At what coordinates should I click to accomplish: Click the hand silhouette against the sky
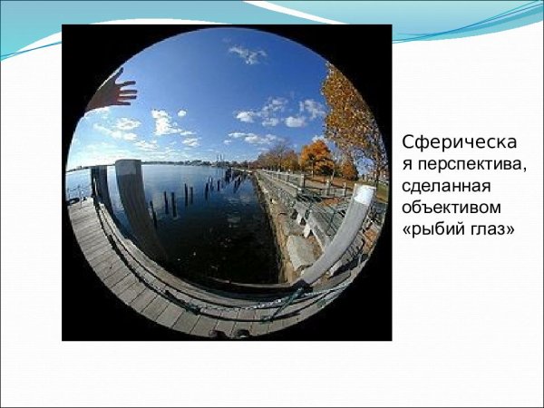[114, 92]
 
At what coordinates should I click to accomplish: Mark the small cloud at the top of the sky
[248, 53]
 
